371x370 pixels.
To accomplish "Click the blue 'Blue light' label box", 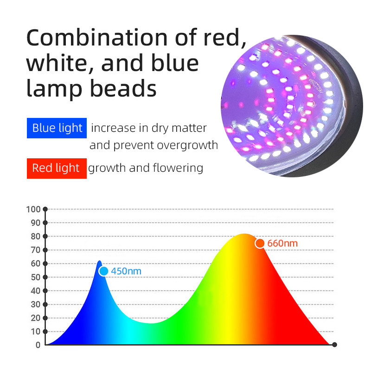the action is [x=57, y=128].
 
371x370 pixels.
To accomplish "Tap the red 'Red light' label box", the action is [x=57, y=168].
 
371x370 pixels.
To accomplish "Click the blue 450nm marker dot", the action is [x=103, y=271].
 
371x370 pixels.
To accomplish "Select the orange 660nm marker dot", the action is [x=260, y=243].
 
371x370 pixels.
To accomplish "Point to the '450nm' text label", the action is [x=126, y=271].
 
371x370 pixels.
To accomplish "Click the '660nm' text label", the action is [x=282, y=243].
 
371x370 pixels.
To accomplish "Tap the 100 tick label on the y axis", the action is [x=33, y=209].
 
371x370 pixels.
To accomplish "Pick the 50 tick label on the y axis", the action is [x=36, y=277].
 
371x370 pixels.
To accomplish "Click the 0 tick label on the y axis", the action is [x=38, y=345].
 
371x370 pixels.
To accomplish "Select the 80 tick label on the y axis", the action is [x=36, y=236].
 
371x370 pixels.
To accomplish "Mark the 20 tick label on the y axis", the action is [x=36, y=318].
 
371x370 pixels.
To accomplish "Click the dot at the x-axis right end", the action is [x=334, y=344].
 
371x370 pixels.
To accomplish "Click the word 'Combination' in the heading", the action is [x=97, y=38].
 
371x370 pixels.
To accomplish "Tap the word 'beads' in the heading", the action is [x=123, y=89].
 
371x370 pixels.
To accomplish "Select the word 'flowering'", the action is [x=178, y=168].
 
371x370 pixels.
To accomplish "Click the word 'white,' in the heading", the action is [x=60, y=64].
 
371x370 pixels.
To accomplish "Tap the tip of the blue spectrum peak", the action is [x=100, y=261].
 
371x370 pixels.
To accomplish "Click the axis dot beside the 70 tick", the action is [x=45, y=250].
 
